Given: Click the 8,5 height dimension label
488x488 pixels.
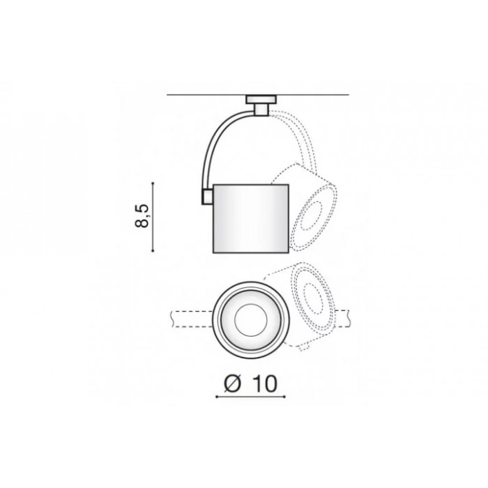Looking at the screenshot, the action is tap(142, 216).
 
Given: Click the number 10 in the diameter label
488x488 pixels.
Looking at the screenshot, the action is tap(264, 383).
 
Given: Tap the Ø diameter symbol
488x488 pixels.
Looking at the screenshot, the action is tap(233, 383).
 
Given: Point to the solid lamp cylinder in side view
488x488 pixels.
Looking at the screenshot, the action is tap(251, 218).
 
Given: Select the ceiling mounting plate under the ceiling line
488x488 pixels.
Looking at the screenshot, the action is tap(261, 99).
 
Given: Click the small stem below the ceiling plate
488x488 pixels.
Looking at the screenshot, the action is tap(261, 109).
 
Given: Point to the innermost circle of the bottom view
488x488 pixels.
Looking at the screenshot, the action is tap(251, 320).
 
